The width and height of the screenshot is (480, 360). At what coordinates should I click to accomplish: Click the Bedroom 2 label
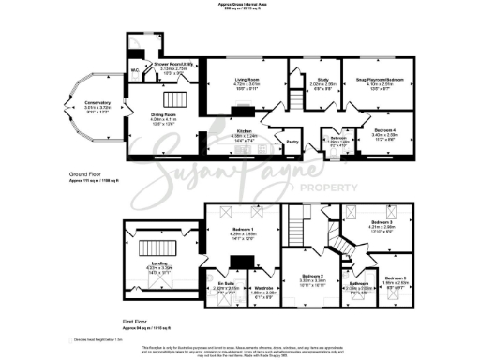[311, 249]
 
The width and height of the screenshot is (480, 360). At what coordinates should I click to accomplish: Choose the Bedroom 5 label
[394, 277]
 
